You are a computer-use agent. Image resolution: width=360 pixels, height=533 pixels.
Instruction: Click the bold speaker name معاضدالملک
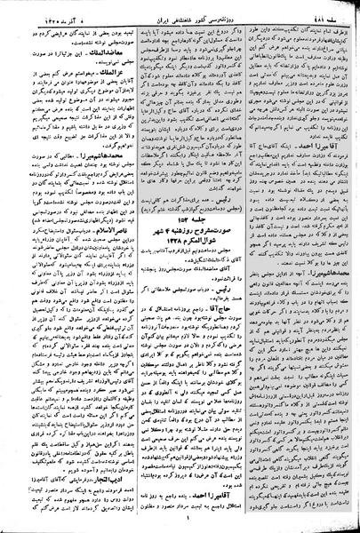98,55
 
